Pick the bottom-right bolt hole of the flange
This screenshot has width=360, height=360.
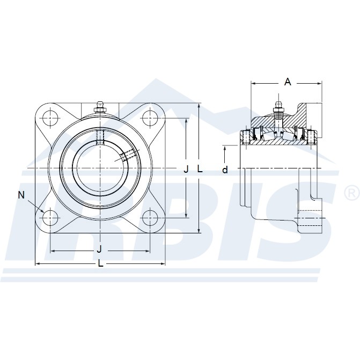[x=149, y=217]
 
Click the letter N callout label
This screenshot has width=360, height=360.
[x=21, y=195]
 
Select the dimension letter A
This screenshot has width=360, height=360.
[x=288, y=82]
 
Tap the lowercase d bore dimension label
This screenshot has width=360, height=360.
[x=225, y=170]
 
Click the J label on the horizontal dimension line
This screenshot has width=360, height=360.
[x=99, y=250]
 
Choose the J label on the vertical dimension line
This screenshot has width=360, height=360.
[x=186, y=169]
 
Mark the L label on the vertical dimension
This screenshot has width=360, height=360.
[x=200, y=168]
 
